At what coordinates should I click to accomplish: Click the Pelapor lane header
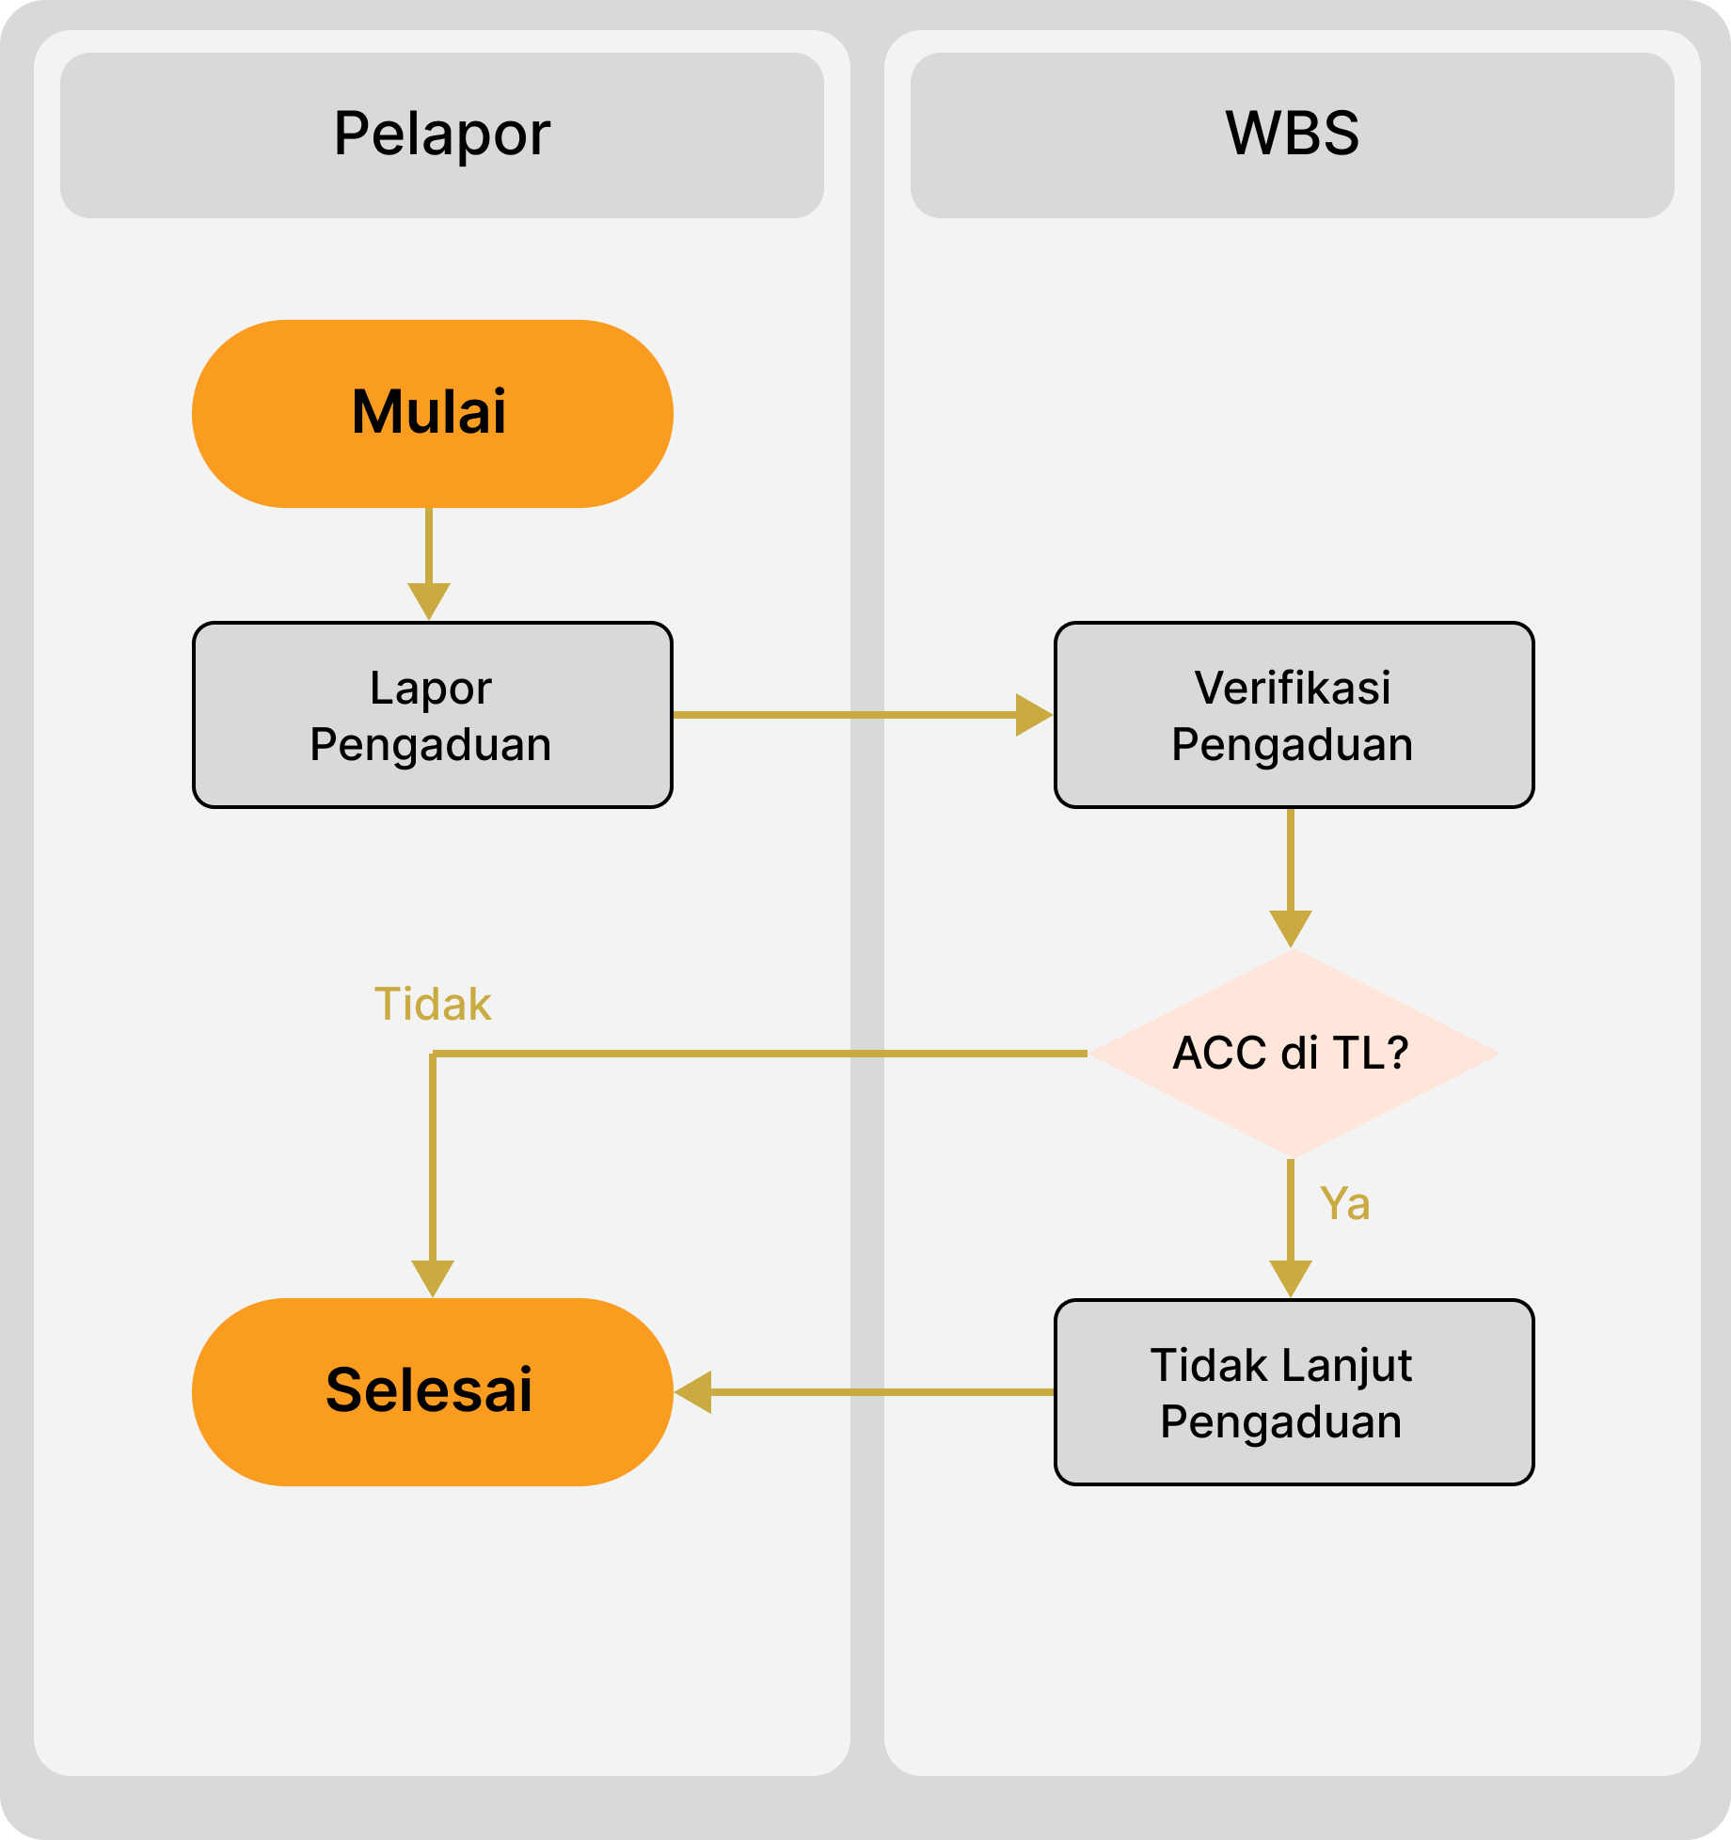441,135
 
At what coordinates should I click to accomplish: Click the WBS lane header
1292,135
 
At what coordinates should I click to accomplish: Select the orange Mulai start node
432,414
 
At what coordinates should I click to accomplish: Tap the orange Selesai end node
432,1391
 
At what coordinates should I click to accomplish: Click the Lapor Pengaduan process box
432,715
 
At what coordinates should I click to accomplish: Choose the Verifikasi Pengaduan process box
1294,715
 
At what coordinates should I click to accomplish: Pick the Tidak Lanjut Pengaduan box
1294,1392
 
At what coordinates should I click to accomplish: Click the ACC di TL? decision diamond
1293,1054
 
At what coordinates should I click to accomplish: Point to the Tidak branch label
433,1004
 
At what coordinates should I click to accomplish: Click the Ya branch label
1344,1203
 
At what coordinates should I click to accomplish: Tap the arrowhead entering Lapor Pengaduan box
429,600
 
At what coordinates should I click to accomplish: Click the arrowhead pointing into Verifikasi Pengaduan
1033,715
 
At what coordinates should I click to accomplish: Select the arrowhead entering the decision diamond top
1291,928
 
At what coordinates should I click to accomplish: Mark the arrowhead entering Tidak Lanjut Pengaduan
1291,1277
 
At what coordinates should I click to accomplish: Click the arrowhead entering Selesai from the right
694,1392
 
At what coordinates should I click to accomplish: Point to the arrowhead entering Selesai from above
433,1277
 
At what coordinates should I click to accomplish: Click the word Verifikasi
1293,688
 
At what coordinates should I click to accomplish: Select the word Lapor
431,688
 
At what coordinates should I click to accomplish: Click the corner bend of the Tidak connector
433,1055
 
